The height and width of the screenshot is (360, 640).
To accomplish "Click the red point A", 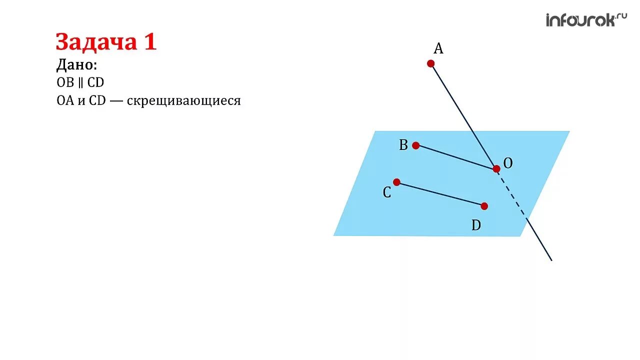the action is click(430, 63).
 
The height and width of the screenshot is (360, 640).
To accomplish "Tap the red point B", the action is click(415, 145).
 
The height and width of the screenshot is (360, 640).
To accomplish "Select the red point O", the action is click(496, 169).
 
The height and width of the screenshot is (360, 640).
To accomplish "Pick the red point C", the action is click(396, 182).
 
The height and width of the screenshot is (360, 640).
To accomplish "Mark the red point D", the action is click(484, 206).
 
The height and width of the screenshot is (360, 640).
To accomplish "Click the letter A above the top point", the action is click(438, 48).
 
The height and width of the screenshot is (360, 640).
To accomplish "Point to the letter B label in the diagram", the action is click(403, 145).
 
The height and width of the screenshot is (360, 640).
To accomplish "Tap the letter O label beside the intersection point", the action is click(508, 163).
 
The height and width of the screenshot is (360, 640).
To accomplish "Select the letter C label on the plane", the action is click(387, 193).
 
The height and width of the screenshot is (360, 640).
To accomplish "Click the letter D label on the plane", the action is click(476, 226).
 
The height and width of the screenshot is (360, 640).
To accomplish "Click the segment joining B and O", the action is click(455, 157).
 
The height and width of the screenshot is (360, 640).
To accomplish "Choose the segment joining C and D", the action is click(440, 194).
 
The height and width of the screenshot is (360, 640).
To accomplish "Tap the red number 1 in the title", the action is click(150, 42).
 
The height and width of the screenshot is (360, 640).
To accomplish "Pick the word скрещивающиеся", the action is click(183, 100).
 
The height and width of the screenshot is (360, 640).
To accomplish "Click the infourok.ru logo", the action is click(586, 20).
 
